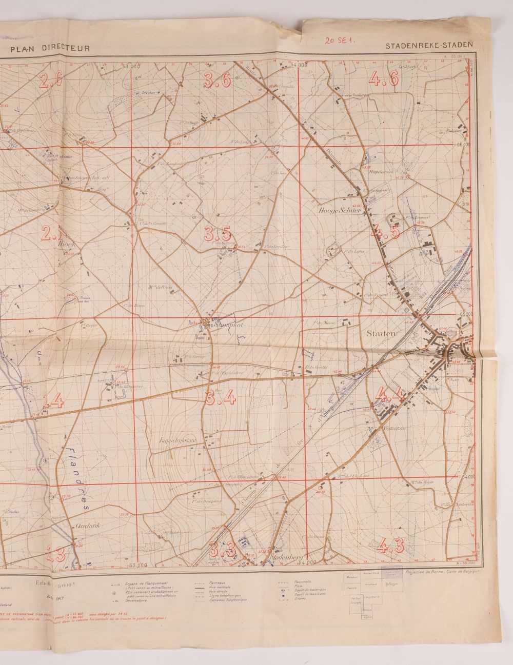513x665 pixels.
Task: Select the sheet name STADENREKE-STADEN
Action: [x=428, y=46]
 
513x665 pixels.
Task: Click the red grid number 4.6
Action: [x=383, y=78]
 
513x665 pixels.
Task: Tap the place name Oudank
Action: [x=86, y=526]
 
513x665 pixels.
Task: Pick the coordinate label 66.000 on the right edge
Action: [x=463, y=145]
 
